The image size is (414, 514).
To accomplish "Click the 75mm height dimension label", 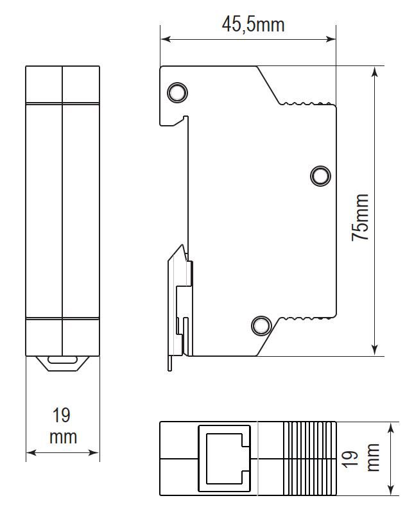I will (361, 216).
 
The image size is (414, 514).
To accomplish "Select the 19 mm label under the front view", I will (62, 426).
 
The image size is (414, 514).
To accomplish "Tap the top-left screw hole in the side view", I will (176, 92).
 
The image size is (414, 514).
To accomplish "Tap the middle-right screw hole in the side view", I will (320, 175).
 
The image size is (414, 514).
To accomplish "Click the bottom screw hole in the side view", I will (261, 326).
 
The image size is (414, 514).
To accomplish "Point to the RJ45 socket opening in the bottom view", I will (224, 459).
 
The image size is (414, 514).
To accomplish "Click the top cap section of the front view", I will (62, 83).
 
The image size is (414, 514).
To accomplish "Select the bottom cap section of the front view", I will (62, 336).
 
